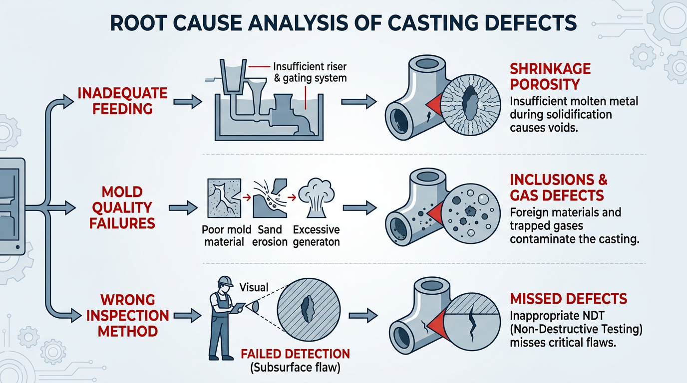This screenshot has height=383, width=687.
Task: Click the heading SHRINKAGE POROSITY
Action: tap(550, 76)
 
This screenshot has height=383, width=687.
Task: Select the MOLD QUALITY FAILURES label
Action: tap(122, 207)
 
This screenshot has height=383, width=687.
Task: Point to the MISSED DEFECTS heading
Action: tap(568, 299)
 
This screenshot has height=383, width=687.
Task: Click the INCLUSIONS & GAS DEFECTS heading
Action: tap(559, 187)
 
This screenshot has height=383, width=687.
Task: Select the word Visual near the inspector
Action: tap(254, 287)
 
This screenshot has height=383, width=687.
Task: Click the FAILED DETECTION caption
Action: tap(295, 354)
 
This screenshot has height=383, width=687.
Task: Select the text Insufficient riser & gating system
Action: tap(310, 72)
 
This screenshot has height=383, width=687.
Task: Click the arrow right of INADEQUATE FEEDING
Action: tap(187, 102)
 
